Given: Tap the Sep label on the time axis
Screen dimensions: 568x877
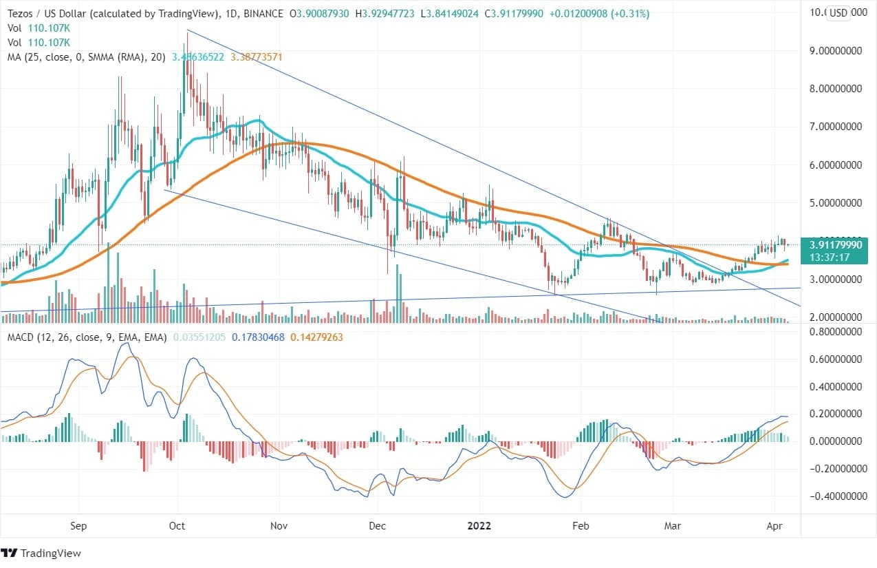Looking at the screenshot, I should [x=79, y=525].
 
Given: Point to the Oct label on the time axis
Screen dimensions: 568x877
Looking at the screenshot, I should [x=177, y=525].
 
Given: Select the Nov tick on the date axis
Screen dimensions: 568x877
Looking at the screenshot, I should [x=279, y=525].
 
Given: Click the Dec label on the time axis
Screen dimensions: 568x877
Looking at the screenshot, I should [x=378, y=525].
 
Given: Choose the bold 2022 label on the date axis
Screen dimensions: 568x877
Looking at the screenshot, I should [x=479, y=525].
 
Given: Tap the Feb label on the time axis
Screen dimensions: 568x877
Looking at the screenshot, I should [x=581, y=525].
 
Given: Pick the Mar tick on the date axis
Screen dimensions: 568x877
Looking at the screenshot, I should [x=673, y=525].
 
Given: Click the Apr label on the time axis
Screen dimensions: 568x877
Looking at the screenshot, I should [x=775, y=525].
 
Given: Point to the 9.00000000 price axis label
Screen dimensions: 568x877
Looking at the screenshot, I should [x=835, y=50].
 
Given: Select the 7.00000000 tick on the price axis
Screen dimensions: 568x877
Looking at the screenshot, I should [x=835, y=127].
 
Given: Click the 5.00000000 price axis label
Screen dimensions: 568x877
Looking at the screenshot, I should [x=835, y=203].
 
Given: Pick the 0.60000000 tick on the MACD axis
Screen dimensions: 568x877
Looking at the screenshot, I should [x=835, y=359].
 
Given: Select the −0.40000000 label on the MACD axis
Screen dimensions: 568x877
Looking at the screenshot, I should [x=835, y=496].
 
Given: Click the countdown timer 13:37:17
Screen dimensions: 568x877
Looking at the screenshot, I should [x=836, y=256].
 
